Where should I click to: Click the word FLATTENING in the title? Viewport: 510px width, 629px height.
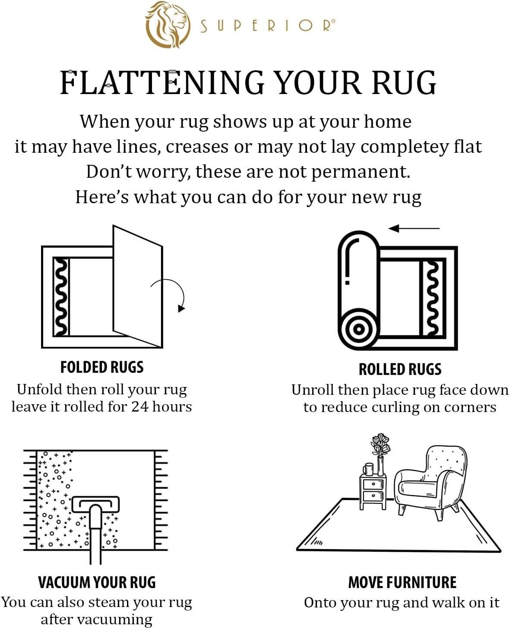pos(162,82)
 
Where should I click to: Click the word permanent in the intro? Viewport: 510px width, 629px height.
pos(360,172)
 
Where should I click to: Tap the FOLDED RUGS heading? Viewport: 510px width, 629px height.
pos(102,367)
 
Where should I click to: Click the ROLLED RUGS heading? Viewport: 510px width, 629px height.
pos(400,369)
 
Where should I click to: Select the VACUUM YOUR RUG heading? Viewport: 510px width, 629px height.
pos(97,582)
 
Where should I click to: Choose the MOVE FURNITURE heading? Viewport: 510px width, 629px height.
pos(402,582)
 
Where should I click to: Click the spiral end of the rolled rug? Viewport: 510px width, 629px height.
pos(358,329)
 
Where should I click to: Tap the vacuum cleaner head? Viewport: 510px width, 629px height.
pos(95,504)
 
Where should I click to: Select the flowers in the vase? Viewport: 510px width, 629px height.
pos(380,445)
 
